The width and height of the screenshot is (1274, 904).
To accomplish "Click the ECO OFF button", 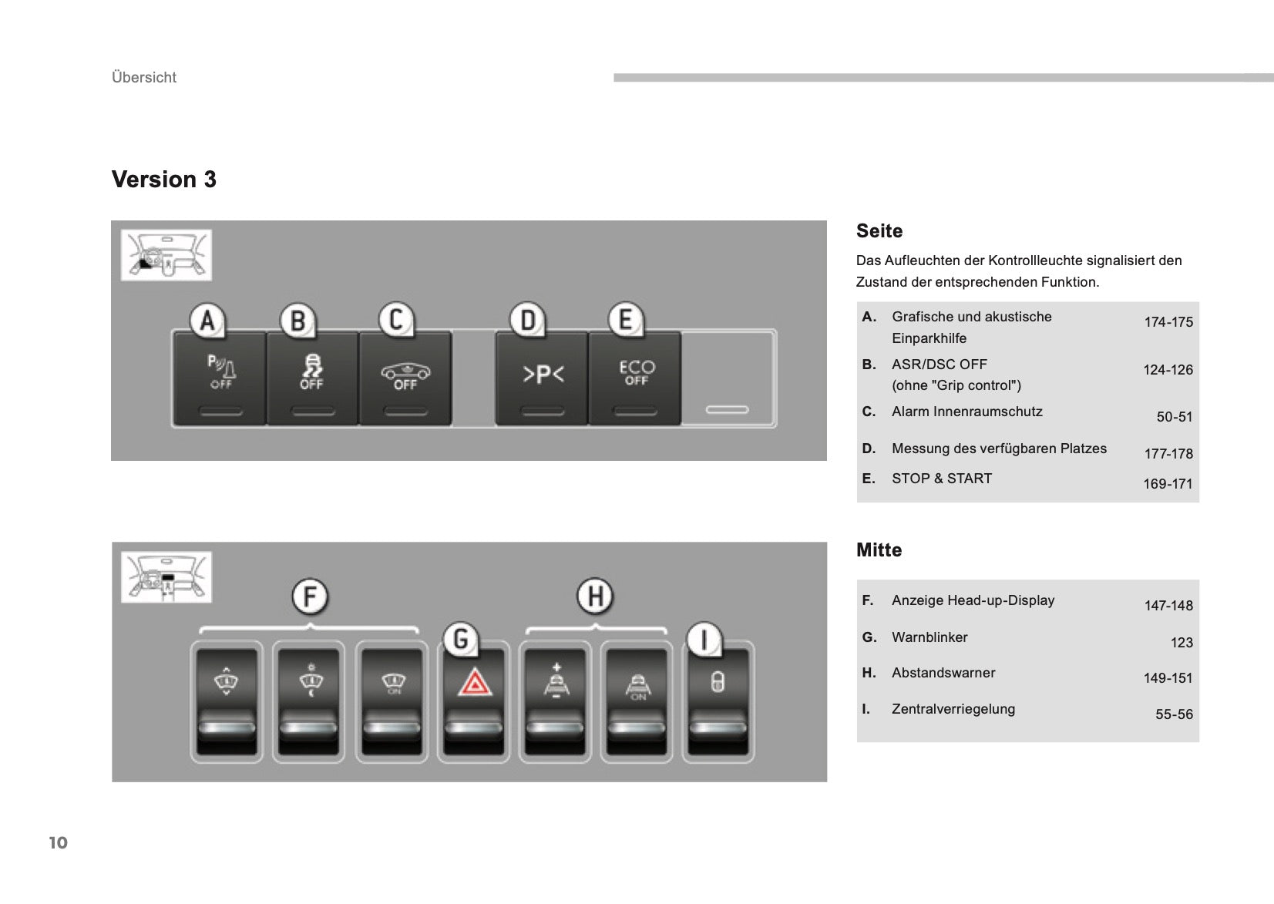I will point(636,378).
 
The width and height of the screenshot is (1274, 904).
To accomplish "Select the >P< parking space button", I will point(543,378).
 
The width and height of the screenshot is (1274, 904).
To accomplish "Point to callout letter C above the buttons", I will point(396,319).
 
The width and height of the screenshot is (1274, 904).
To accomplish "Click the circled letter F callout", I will point(310,597).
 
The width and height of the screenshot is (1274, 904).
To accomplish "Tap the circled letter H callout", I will point(595,596).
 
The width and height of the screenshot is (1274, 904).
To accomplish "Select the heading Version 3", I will point(164,180).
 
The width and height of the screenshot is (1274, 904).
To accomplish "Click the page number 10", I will point(59,842).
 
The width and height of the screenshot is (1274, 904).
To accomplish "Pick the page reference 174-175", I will point(1168,322).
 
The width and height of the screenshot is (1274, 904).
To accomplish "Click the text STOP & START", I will point(941,479).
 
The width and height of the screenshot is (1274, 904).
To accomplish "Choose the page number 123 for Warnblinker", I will point(1181,643).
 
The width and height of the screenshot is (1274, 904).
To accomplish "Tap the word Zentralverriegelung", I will point(953,709).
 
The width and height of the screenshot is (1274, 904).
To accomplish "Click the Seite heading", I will point(879,231).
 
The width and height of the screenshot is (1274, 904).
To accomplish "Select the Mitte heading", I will point(879,550).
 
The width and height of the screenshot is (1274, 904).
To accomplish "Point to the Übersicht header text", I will point(144,78).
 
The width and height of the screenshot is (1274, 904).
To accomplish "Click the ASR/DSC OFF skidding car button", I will point(311,378).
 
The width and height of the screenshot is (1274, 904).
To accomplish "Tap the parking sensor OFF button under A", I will point(220,378).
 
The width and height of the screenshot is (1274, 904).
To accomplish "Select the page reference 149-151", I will point(1168,678).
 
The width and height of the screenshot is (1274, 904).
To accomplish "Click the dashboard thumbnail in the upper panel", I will point(166,255).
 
